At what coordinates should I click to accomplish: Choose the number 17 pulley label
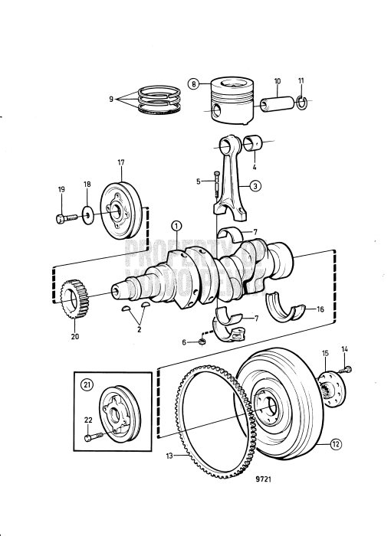(120, 163)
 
